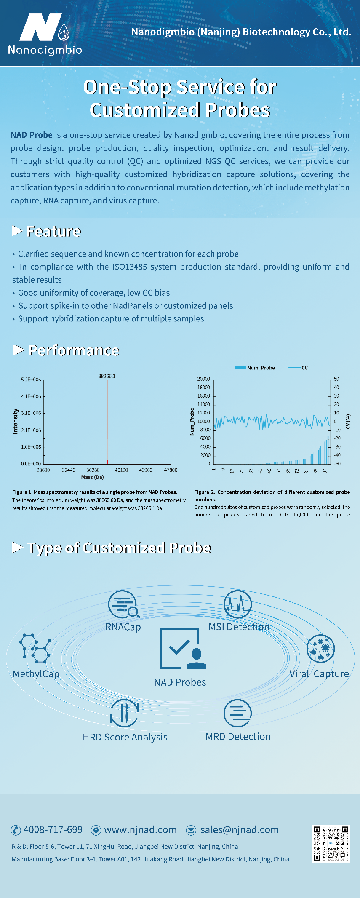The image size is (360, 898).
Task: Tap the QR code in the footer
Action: click(x=331, y=843)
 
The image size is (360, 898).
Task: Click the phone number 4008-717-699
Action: click(x=53, y=830)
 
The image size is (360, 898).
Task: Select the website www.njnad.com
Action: click(x=140, y=830)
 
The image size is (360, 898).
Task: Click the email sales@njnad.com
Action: click(x=239, y=830)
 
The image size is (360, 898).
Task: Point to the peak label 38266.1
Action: click(x=107, y=376)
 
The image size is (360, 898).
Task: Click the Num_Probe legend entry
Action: click(x=255, y=368)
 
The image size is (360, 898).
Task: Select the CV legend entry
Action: click(x=299, y=368)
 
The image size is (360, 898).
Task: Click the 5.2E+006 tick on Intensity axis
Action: click(x=31, y=380)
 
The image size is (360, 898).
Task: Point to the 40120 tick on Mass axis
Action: click(x=121, y=470)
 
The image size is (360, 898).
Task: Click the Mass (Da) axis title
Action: click(x=92, y=477)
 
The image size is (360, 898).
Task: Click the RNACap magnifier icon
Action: click(x=123, y=604)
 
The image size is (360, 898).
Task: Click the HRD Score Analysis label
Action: click(x=125, y=738)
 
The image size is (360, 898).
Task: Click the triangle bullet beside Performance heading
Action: click(x=19, y=350)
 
